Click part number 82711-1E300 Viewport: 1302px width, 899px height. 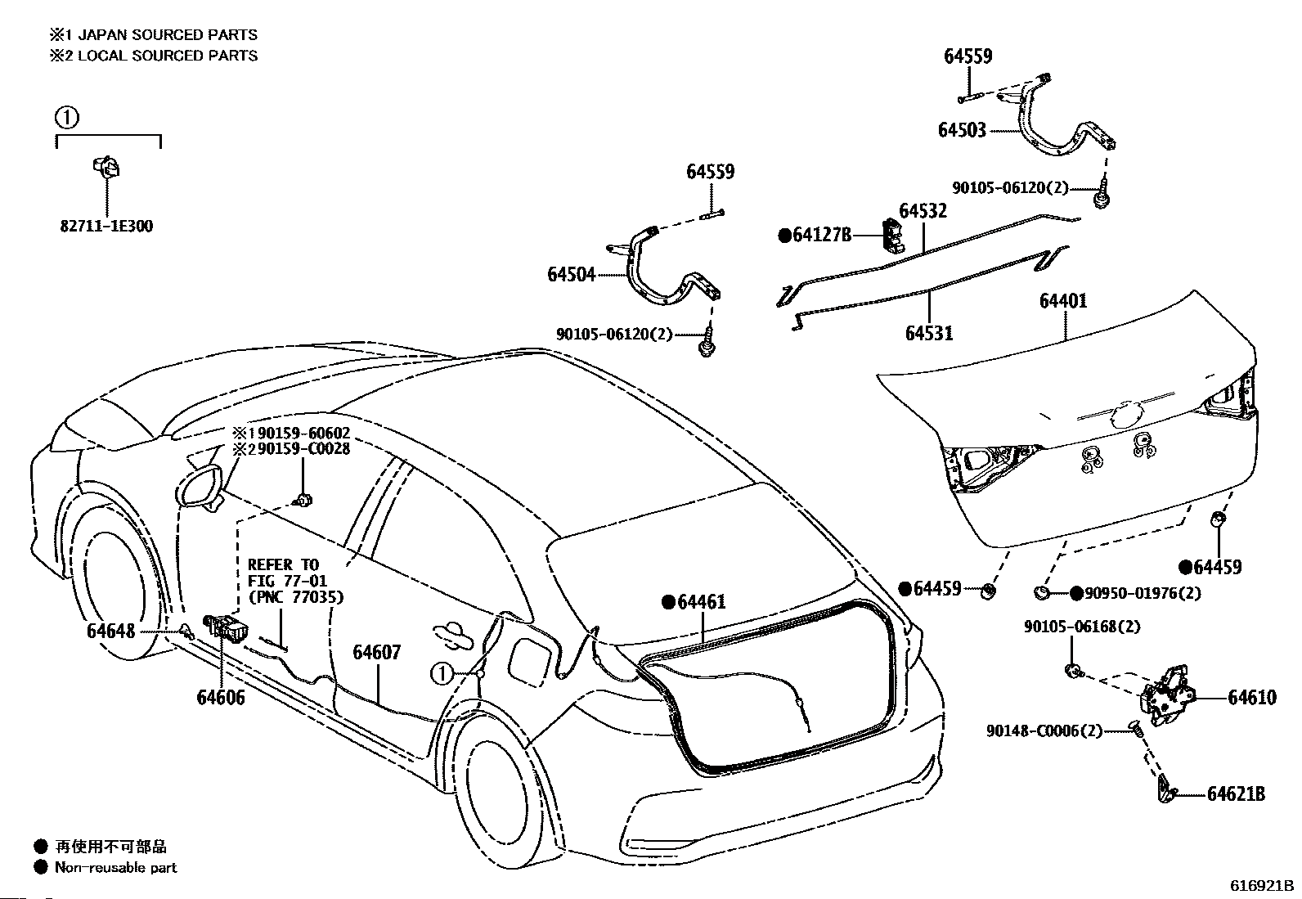(106, 226)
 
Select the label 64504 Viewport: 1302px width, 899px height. (572, 274)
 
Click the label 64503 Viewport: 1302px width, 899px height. (962, 130)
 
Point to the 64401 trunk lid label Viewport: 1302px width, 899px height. (1063, 301)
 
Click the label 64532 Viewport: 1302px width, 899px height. (923, 210)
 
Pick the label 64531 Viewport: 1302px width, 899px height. (929, 333)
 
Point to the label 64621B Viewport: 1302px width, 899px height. (1236, 793)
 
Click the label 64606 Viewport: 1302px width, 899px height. (221, 697)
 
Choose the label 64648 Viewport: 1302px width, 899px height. (110, 631)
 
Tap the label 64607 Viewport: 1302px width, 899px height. (377, 653)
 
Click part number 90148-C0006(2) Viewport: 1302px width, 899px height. (1044, 730)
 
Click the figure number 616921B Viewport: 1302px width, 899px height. (1261, 886)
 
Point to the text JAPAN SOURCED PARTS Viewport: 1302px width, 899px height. (168, 35)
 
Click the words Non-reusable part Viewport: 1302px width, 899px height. (115, 868)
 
